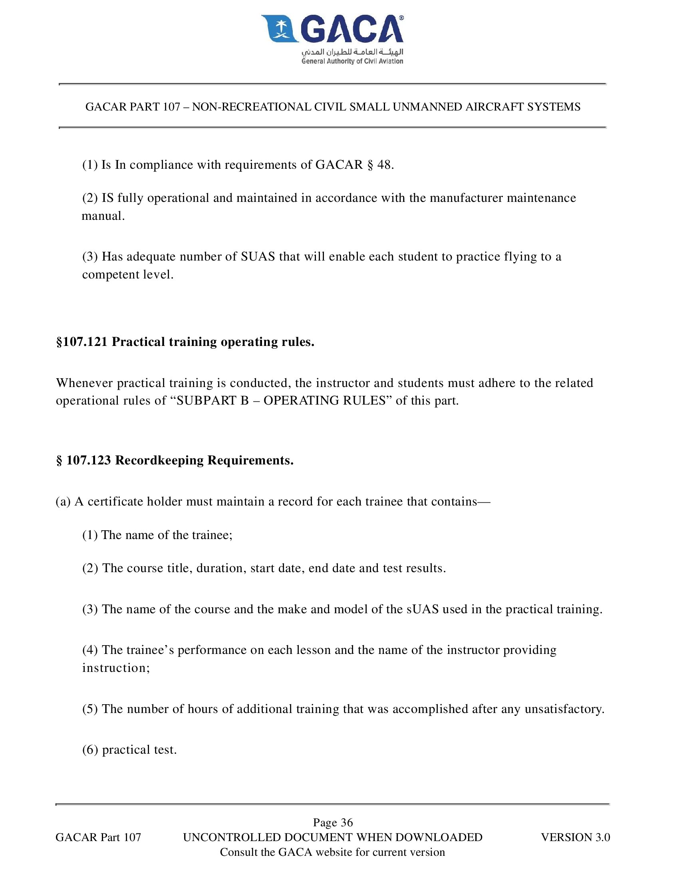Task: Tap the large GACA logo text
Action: [x=351, y=29]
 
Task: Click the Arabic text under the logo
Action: [x=352, y=52]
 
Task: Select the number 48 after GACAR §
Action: [x=384, y=165]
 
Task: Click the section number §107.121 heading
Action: [x=82, y=342]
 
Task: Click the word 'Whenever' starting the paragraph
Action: [x=84, y=383]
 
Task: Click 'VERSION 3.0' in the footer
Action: [x=575, y=837]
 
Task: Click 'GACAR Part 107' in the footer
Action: [x=98, y=837]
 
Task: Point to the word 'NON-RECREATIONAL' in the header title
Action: [x=251, y=107]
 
